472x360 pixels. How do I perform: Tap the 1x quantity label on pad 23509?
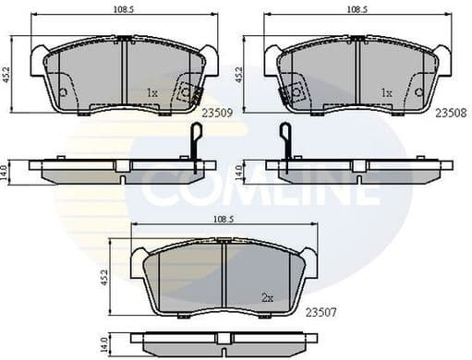(x=153, y=93)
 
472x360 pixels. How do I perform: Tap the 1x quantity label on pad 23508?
(x=387, y=93)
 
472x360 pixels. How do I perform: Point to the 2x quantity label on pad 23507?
(x=267, y=297)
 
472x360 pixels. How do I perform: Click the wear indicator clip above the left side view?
(x=194, y=140)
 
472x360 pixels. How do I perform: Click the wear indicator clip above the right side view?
(x=284, y=140)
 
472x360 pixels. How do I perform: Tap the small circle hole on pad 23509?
(x=63, y=91)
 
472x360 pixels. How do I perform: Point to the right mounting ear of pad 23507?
(x=310, y=263)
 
